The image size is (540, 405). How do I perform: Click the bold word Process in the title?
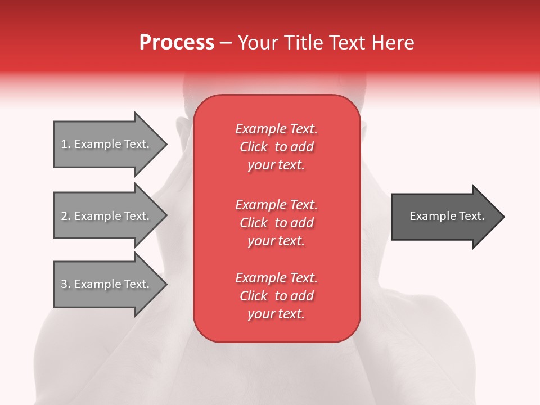177,43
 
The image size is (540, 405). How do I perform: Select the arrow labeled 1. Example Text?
107,144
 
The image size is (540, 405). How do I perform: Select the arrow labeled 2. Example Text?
107,216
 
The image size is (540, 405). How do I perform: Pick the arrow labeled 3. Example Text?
107,284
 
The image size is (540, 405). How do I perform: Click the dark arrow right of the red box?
444,217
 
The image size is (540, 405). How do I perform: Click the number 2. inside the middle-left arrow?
66,216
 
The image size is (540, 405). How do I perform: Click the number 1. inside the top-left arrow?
66,144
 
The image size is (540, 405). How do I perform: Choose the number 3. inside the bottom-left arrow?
66,284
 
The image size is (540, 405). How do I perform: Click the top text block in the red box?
276,147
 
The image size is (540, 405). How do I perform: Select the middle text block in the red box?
276,223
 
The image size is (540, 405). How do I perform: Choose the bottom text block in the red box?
276,296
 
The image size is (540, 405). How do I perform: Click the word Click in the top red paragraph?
254,147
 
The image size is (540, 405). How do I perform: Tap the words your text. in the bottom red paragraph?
276,314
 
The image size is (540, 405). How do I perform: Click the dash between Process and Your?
226,43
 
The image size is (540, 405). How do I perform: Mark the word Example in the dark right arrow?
429,216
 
